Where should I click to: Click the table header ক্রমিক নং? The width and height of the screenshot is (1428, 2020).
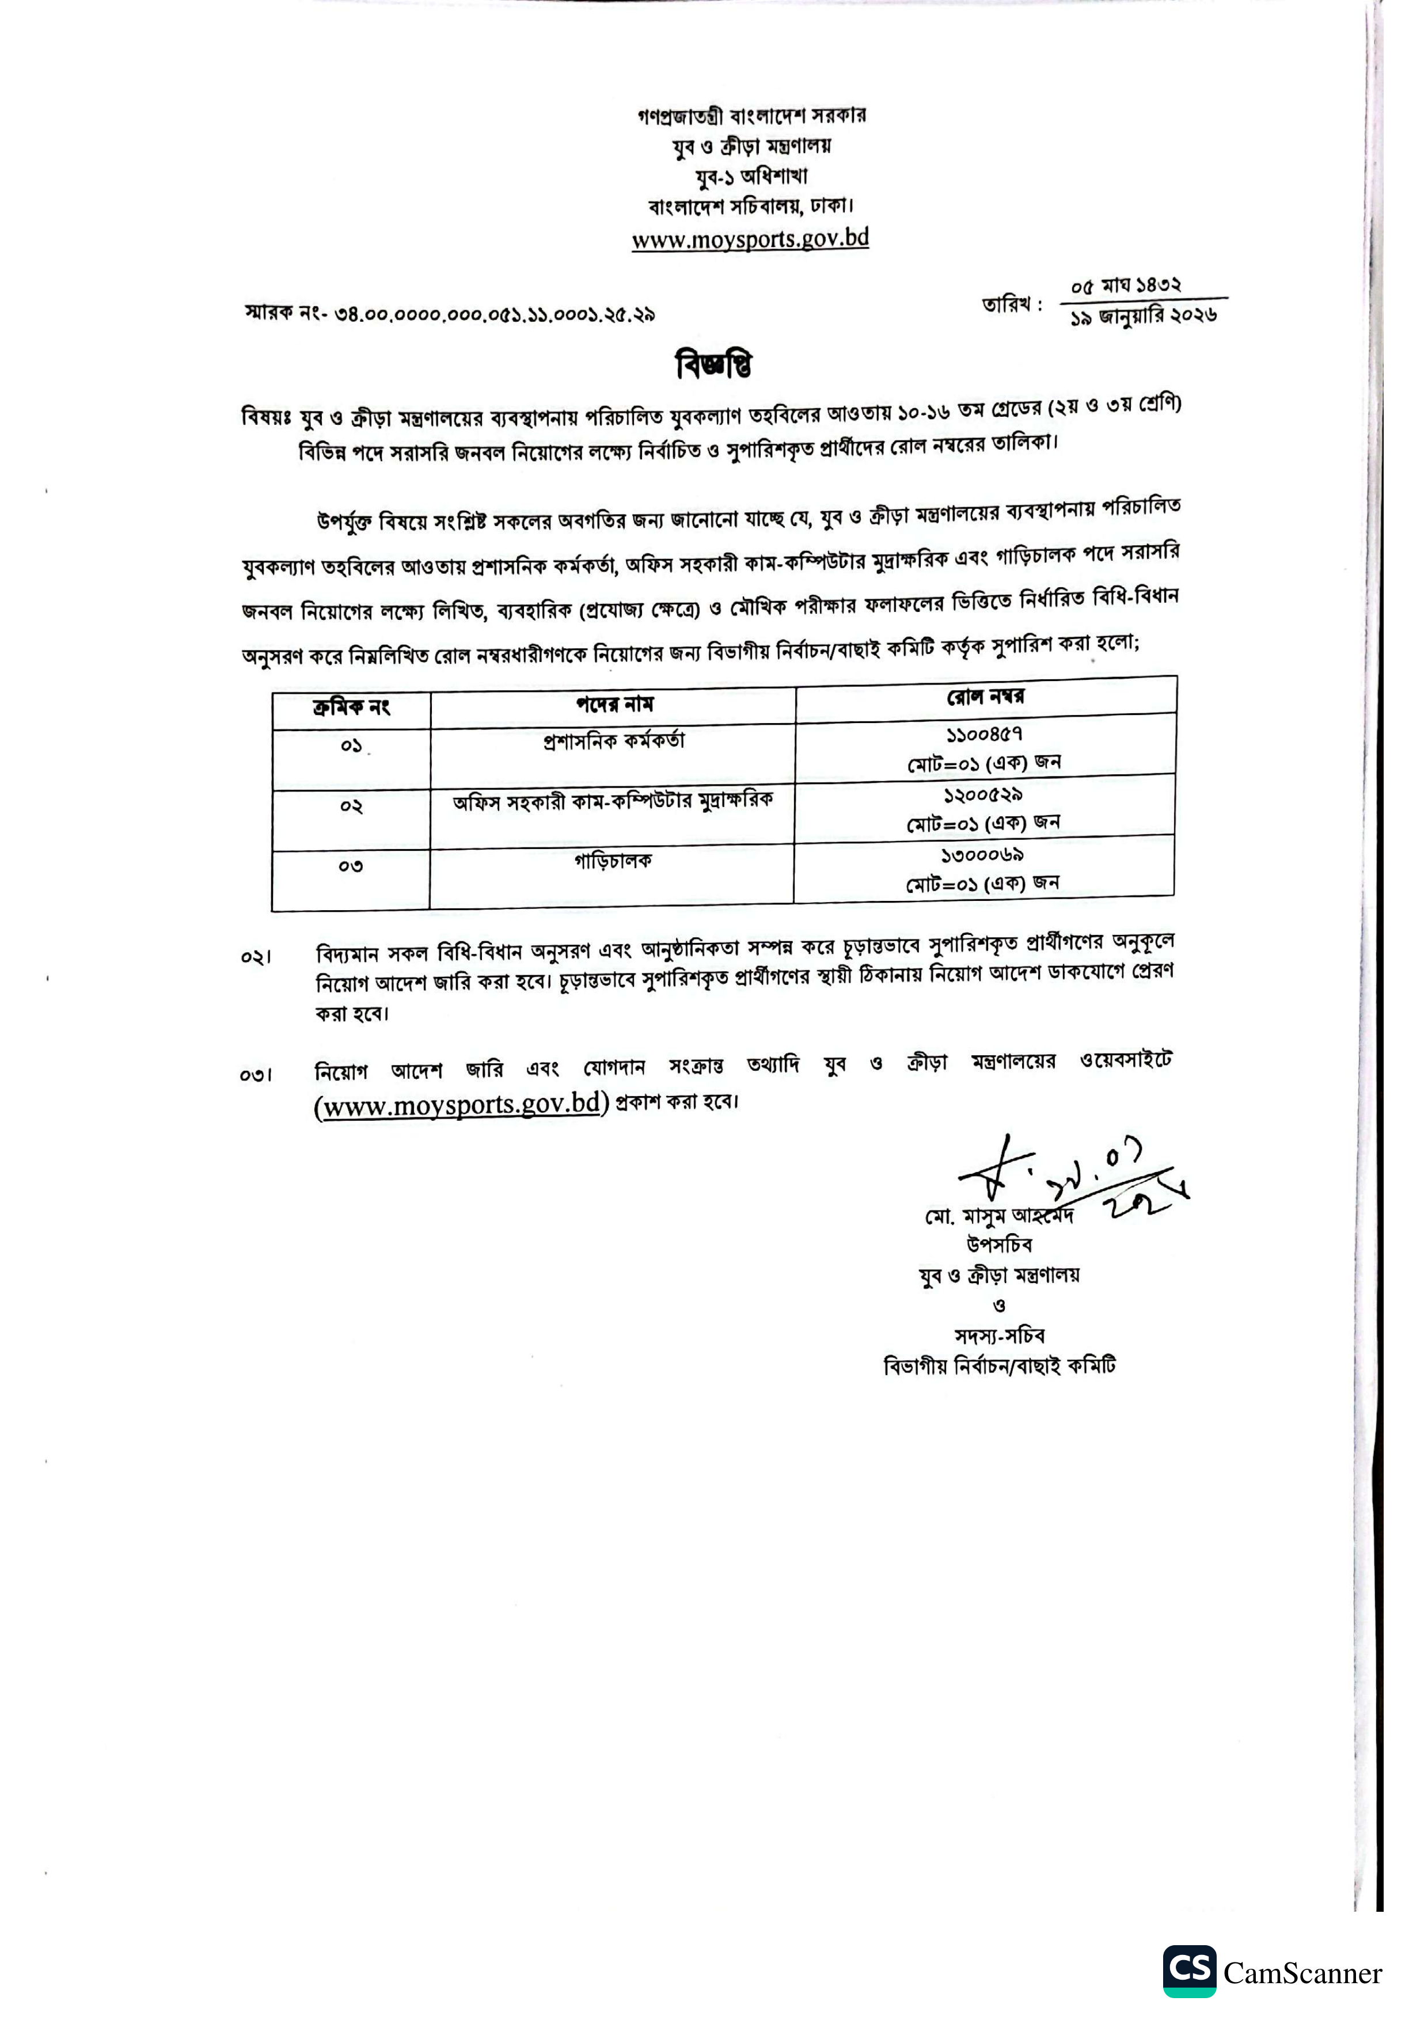pyautogui.click(x=351, y=708)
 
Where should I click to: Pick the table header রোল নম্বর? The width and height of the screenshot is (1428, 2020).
pyautogui.click(x=985, y=697)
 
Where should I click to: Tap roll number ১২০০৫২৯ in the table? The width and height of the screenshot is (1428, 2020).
pyautogui.click(x=983, y=794)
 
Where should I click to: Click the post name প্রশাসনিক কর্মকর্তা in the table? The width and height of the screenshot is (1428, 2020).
pyautogui.click(x=613, y=741)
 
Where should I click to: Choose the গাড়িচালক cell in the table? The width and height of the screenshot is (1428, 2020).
pyautogui.click(x=613, y=861)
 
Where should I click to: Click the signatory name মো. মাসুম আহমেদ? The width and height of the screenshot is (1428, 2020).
pyautogui.click(x=998, y=1217)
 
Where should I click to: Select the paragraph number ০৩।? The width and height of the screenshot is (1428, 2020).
pyautogui.click(x=256, y=1074)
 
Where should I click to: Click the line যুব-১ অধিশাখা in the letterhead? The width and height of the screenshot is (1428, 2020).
pyautogui.click(x=750, y=176)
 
